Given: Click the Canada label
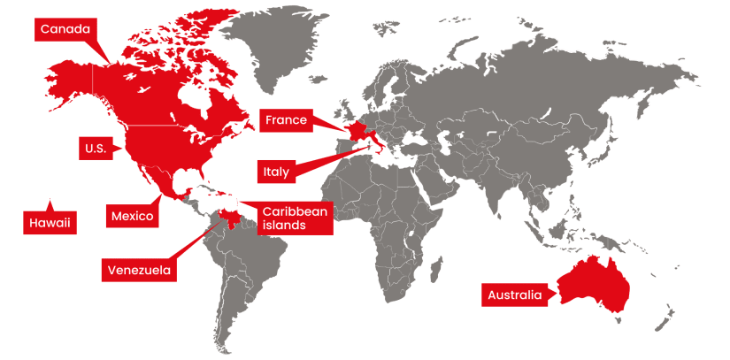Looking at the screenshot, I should (x=65, y=30).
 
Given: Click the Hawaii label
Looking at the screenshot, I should (x=49, y=223).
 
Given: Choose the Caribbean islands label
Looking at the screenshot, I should (x=295, y=218).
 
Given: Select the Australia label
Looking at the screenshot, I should (x=513, y=295).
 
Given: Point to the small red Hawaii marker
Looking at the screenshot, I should (x=50, y=201).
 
